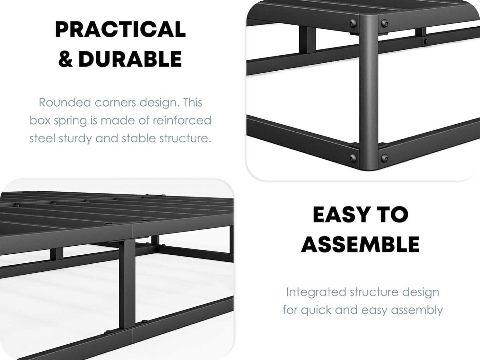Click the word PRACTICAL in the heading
point(120,29)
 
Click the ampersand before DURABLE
point(65,59)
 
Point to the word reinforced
point(182,120)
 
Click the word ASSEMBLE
point(360,244)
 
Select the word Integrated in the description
point(316,292)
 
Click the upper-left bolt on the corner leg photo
point(352,23)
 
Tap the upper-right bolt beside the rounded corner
point(385,23)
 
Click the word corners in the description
point(115,102)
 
